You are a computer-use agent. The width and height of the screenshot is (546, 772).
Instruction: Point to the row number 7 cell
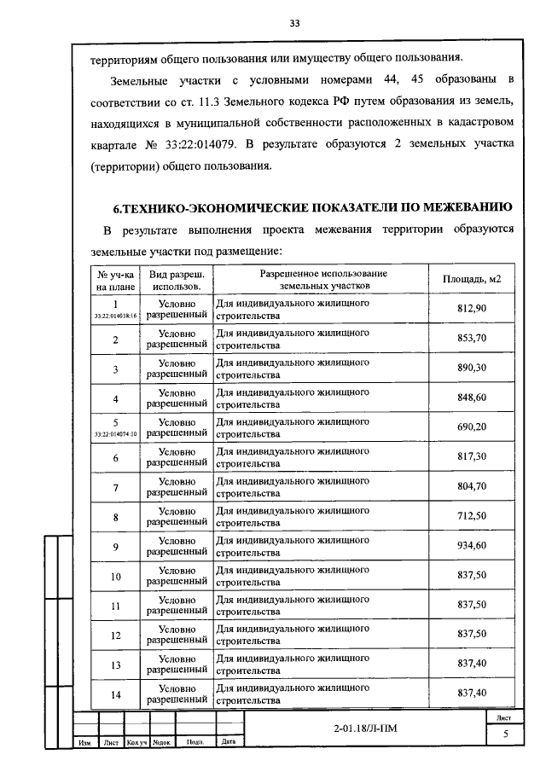[115, 487]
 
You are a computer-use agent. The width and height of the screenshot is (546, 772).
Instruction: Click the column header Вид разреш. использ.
[177, 280]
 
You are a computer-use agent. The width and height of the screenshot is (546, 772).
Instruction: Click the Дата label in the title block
[229, 742]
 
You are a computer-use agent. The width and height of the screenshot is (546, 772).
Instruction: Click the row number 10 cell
[115, 577]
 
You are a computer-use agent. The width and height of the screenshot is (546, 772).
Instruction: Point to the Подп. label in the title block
[195, 742]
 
